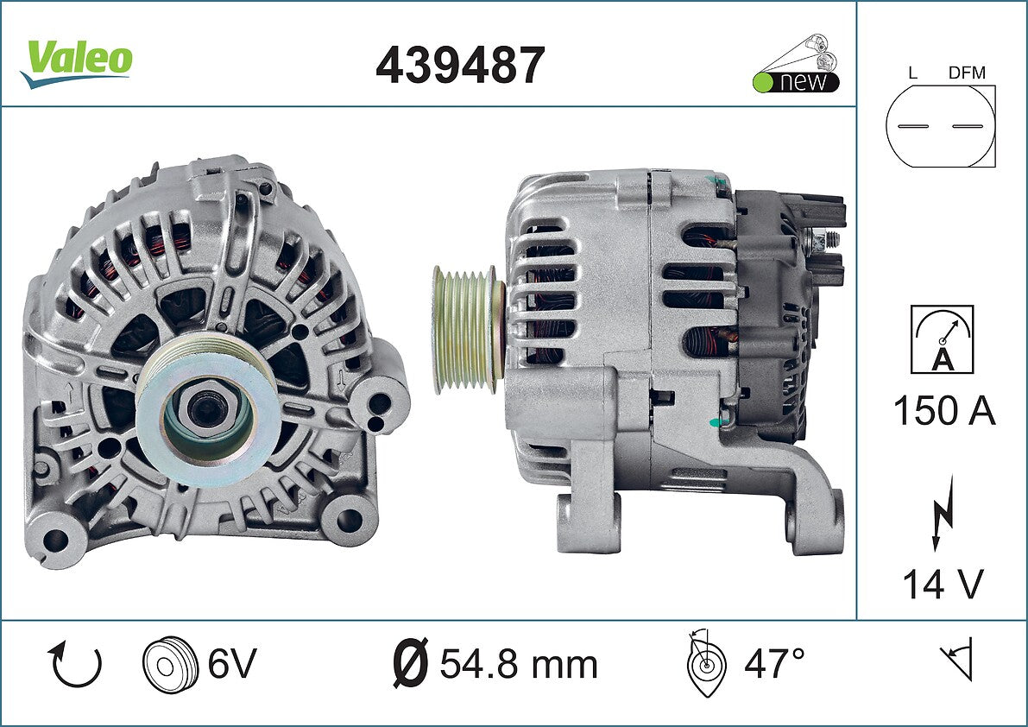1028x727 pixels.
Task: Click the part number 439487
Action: pos(460,65)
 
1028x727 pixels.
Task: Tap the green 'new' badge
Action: pos(796,64)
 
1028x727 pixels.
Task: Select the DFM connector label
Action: pos(967,73)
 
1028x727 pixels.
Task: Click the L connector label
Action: pos(912,73)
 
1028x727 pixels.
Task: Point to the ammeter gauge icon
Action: pos(942,339)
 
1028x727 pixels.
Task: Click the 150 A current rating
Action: pos(944,411)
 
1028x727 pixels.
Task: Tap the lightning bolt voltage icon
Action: pos(943,513)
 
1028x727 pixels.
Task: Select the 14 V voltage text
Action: pos(943,583)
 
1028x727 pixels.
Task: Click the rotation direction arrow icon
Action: pos(75,664)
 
